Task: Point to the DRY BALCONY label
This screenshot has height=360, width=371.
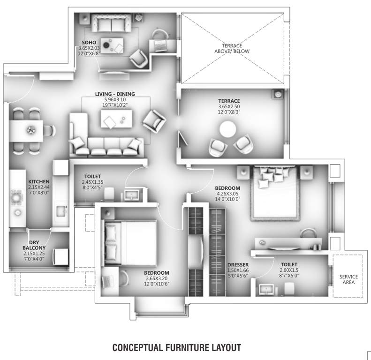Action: coord(34,245)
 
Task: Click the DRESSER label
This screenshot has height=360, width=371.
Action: coord(238,264)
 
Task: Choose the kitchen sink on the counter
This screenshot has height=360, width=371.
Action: coord(61,210)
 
